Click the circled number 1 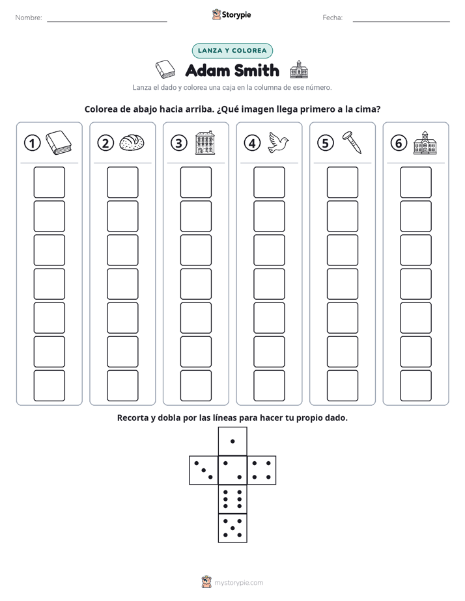[x=32, y=143]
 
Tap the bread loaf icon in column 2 [x=132, y=142]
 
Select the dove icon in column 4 [x=279, y=142]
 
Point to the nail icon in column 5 [x=352, y=142]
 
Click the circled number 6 [x=399, y=143]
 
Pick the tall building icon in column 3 [x=205, y=142]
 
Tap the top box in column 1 [x=49, y=182]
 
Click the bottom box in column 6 [x=416, y=386]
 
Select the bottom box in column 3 [x=196, y=386]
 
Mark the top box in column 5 [x=343, y=182]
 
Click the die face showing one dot [x=232, y=442]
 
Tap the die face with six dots [x=232, y=499]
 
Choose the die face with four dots [x=262, y=470]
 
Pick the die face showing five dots [x=232, y=528]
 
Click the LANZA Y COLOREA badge [x=232, y=51]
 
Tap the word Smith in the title [x=257, y=70]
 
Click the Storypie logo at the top [x=232, y=14]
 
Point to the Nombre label [x=29, y=18]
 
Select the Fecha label [x=333, y=18]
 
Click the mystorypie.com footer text [x=238, y=583]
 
